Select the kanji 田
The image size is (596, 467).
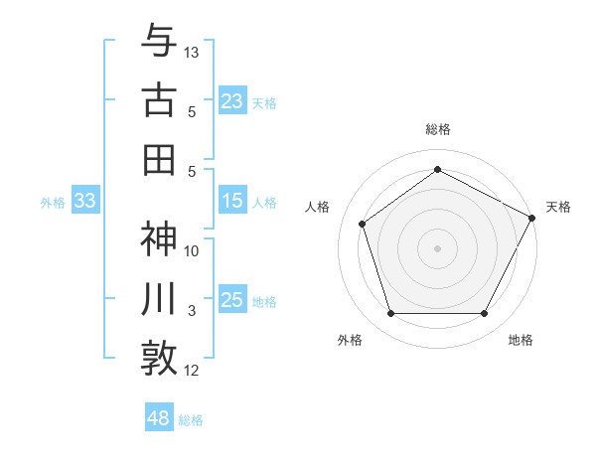click(x=159, y=159)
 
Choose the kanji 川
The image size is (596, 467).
click(x=159, y=299)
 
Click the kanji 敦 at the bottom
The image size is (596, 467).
click(x=159, y=357)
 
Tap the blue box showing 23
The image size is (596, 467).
click(x=232, y=100)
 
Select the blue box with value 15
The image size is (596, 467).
click(x=232, y=201)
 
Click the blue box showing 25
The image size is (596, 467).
click(x=232, y=300)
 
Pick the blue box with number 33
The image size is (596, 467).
click(x=84, y=201)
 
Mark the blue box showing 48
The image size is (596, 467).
click(x=159, y=417)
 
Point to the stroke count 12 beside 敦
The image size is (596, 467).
click(x=192, y=371)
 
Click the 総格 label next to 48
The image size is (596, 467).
click(x=191, y=420)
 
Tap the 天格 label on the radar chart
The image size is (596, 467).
click(x=558, y=207)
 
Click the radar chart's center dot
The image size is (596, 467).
click(x=437, y=247)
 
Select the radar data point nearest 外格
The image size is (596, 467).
click(x=390, y=314)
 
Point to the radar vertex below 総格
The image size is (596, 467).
click(x=437, y=169)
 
